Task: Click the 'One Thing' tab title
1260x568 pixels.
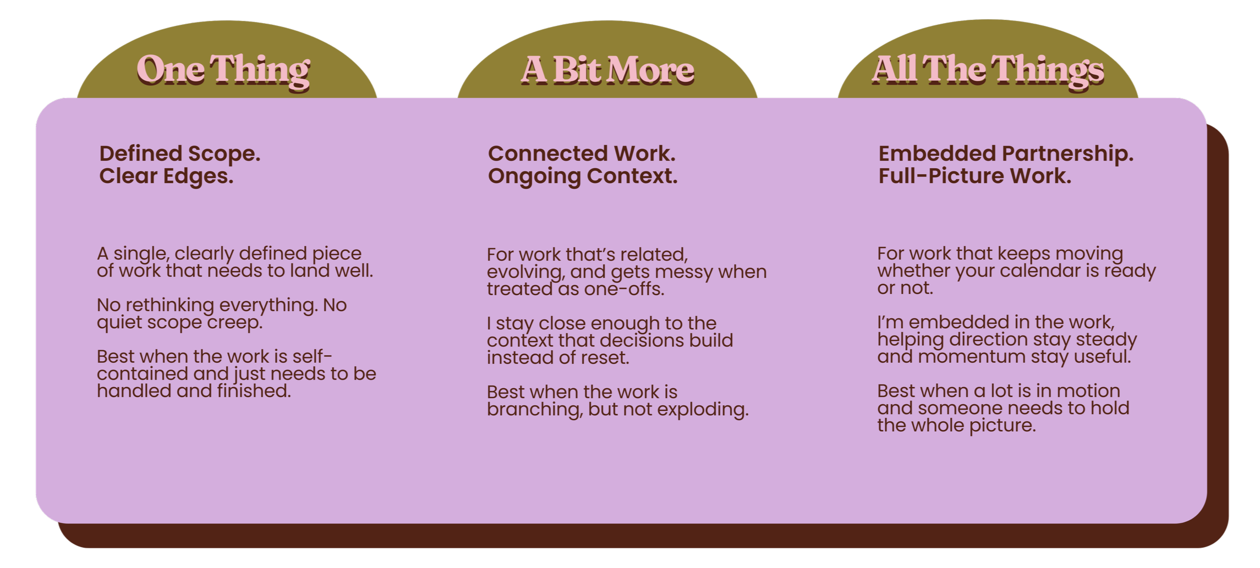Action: pyautogui.click(x=223, y=70)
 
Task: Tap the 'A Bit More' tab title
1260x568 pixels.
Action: pyautogui.click(x=607, y=70)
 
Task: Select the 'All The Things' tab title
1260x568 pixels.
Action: pyautogui.click(x=988, y=70)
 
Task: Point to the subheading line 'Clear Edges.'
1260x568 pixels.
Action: pyautogui.click(x=166, y=177)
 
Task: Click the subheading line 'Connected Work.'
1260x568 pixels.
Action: pyautogui.click(x=582, y=154)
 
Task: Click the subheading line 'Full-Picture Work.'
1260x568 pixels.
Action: pyautogui.click(x=974, y=177)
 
